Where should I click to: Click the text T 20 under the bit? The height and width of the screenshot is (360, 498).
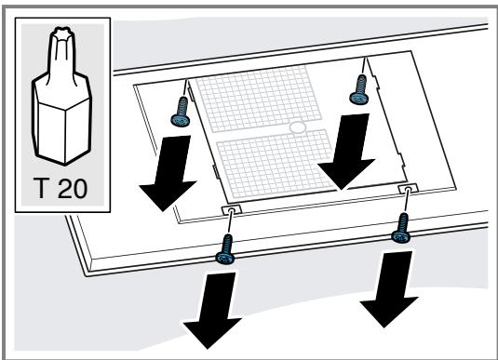(61, 188)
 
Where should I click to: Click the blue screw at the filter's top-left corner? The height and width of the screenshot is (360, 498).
(181, 112)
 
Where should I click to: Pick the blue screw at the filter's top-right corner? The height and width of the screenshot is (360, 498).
(359, 89)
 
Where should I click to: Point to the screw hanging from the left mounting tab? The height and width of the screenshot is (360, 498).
(225, 250)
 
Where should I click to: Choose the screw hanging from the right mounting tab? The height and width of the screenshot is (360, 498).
(401, 229)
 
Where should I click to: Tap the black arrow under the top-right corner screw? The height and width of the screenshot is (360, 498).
(348, 152)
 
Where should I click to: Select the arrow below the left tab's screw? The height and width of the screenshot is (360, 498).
(213, 311)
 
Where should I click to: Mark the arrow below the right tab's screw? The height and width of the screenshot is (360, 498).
(390, 289)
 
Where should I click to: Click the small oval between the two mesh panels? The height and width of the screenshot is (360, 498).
(298, 127)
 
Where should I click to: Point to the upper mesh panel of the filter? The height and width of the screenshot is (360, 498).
(259, 99)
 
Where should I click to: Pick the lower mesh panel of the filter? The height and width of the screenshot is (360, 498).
(276, 163)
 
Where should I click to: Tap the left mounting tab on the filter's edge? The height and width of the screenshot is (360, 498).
(232, 210)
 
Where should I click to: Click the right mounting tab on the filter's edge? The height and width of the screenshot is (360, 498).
(409, 189)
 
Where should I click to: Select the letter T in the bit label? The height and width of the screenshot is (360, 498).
(41, 188)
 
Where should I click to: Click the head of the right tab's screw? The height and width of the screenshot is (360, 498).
(400, 237)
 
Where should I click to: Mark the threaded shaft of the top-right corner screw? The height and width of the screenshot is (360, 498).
(361, 84)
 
